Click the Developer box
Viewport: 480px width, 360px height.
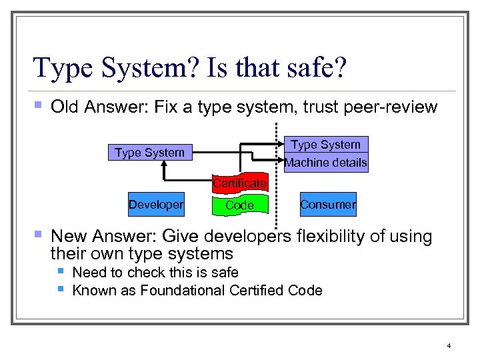(x=156, y=205)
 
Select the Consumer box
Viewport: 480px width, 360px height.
(x=327, y=205)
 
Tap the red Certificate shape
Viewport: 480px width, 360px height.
(x=240, y=183)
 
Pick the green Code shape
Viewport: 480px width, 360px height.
(x=239, y=205)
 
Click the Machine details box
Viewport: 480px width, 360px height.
(x=326, y=163)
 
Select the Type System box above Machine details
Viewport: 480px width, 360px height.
(x=326, y=145)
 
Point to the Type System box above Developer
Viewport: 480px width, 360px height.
(x=149, y=153)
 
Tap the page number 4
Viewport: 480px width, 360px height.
(x=449, y=345)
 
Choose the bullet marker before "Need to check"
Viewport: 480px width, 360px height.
(x=61, y=271)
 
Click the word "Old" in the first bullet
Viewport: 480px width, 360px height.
(x=65, y=107)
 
